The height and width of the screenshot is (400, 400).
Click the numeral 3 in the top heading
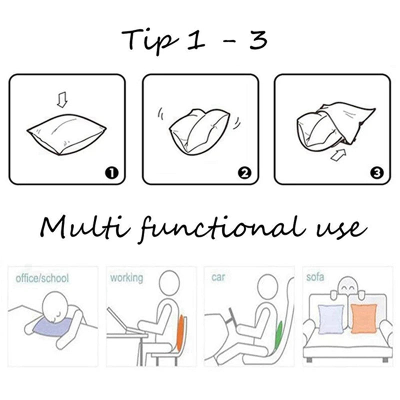pos(258,40)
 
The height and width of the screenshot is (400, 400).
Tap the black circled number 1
pos(111,173)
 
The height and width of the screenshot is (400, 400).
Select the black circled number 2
pos(244,173)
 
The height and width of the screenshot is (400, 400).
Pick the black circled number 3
pos(377,173)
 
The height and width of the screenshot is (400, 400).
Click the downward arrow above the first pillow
pos(62,99)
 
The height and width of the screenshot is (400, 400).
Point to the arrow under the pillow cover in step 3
pos(338,155)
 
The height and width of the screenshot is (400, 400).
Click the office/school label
pos(42,278)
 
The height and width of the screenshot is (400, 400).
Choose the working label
pos(126,278)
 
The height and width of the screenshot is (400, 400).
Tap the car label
pos(218,277)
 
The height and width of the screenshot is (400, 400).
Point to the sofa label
pos(315,277)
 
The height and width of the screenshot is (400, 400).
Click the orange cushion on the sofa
pos(364,318)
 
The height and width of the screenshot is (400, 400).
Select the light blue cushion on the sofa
pos(331,319)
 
